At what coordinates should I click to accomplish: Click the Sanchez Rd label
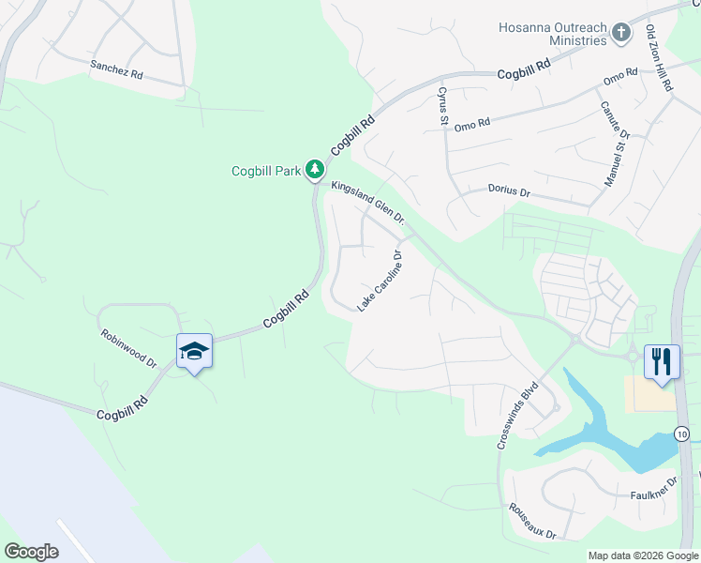(x=116, y=70)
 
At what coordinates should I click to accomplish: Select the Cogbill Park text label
(x=267, y=171)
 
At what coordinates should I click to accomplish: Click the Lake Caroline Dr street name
(x=380, y=281)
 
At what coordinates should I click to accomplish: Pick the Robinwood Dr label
(x=128, y=347)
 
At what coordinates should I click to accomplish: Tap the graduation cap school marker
(x=194, y=352)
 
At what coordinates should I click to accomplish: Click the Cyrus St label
(x=441, y=105)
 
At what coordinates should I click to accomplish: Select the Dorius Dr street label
(x=509, y=190)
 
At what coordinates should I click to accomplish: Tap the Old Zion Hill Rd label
(x=659, y=59)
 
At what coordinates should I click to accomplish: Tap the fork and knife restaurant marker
(x=663, y=361)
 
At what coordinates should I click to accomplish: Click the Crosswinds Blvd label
(x=519, y=413)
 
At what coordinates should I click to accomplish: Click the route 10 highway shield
(x=681, y=434)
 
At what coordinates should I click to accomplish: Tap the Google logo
(x=31, y=551)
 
